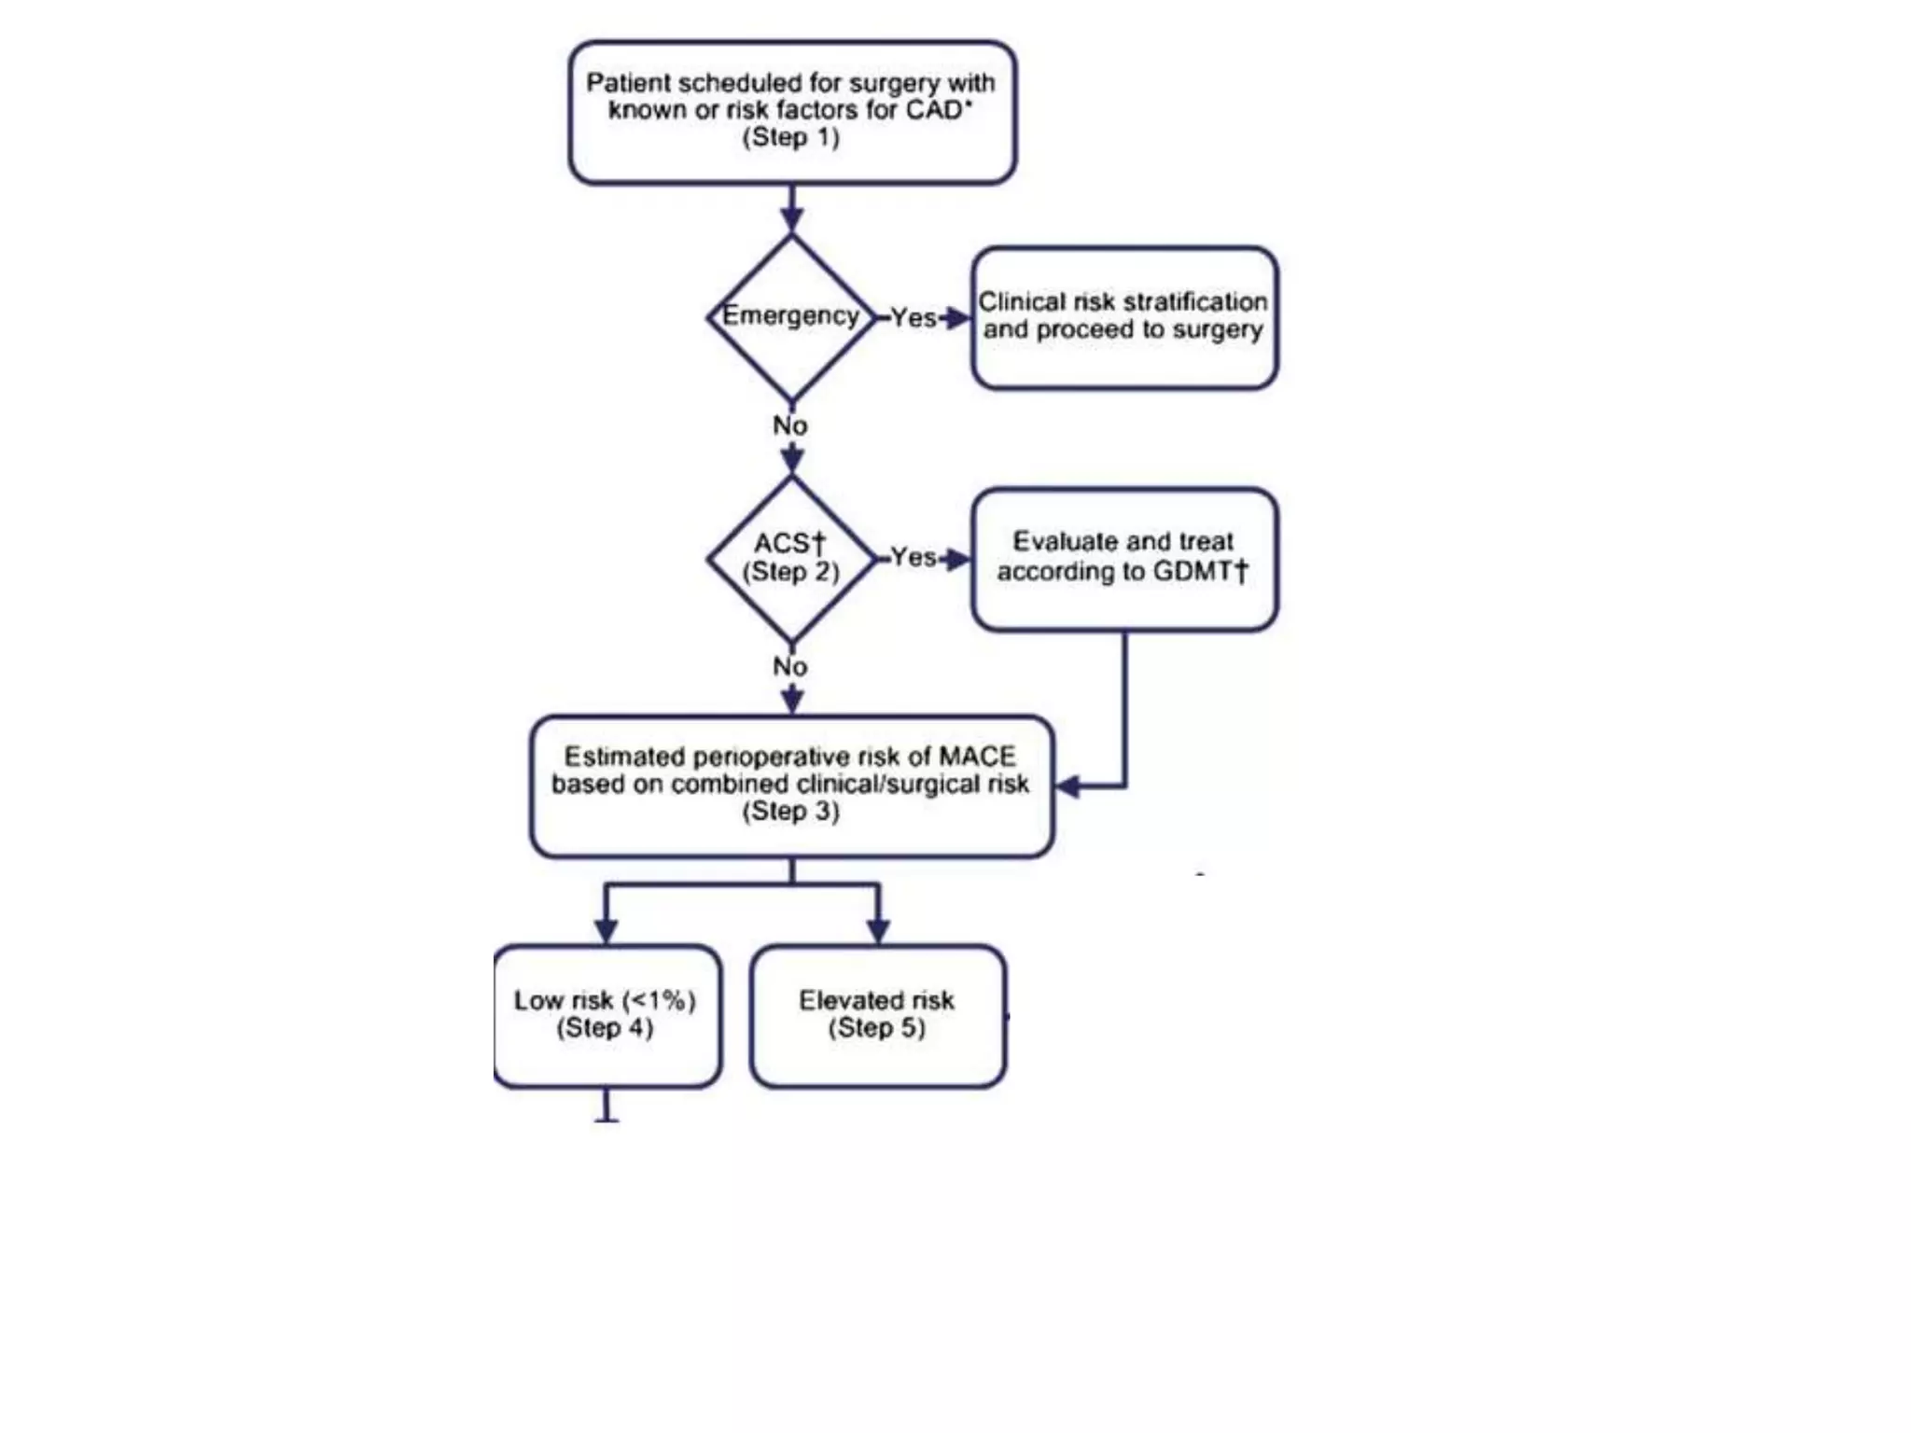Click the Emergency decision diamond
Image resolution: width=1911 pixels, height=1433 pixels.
(x=791, y=317)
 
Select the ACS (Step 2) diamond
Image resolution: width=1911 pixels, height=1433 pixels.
(x=791, y=558)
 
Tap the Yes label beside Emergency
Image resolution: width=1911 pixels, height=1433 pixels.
(x=913, y=318)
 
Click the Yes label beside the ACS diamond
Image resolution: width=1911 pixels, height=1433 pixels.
(x=913, y=558)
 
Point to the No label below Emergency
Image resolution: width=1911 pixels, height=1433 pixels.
(x=790, y=426)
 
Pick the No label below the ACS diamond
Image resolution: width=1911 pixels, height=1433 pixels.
(x=790, y=667)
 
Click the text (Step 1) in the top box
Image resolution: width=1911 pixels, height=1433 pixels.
(x=791, y=138)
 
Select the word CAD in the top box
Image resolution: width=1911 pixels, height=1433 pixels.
(x=934, y=110)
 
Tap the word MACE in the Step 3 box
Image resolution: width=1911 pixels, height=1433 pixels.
(x=977, y=757)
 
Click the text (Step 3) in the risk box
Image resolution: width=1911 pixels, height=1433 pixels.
(x=791, y=812)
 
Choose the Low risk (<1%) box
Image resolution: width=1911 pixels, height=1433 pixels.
(x=607, y=1015)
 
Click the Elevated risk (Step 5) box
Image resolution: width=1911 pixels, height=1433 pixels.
(x=877, y=1015)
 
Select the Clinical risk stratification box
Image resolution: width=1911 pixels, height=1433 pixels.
(x=1124, y=317)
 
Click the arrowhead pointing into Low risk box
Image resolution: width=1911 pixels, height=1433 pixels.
(x=607, y=930)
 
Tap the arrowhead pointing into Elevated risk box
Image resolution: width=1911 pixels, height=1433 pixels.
(x=878, y=930)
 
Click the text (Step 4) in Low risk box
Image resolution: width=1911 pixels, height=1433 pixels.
(x=605, y=1028)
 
